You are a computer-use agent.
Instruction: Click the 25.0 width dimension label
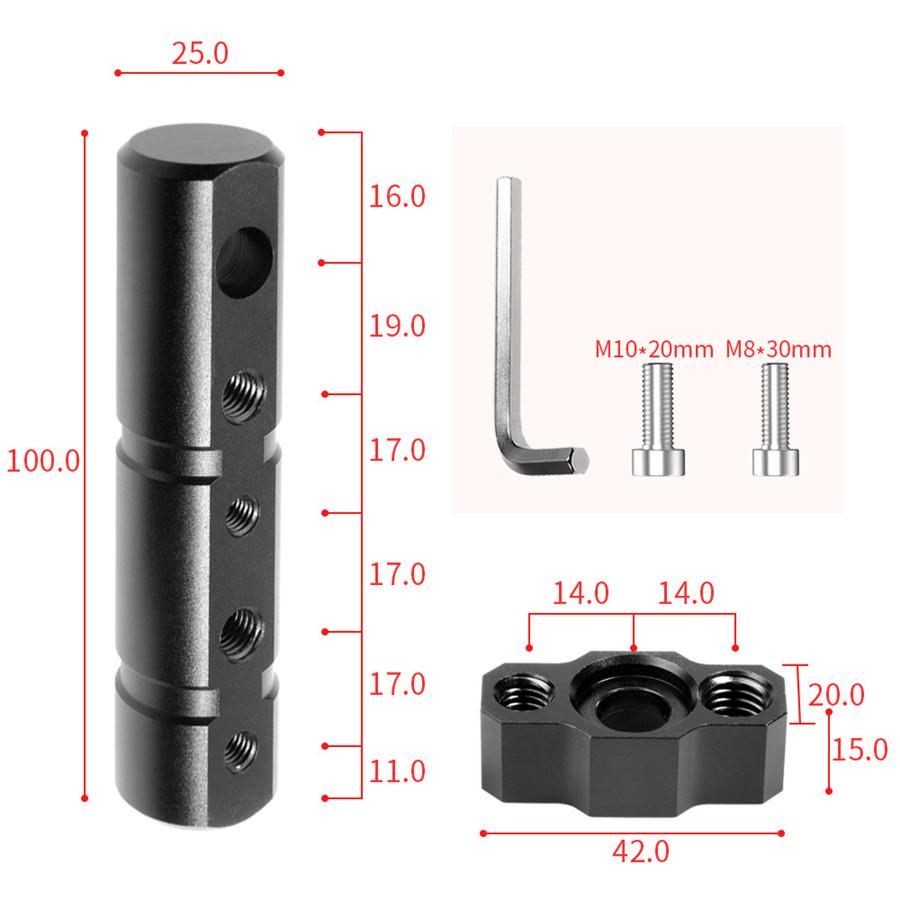click(199, 53)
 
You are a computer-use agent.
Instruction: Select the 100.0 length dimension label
click(42, 462)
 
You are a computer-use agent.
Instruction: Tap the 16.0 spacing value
click(397, 196)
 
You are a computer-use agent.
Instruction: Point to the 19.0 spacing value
click(397, 326)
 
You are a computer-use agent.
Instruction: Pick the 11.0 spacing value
click(397, 771)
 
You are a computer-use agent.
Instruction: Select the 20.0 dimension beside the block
click(836, 694)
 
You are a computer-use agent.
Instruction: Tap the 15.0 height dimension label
click(859, 749)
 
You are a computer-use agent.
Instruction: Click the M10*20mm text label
click(654, 350)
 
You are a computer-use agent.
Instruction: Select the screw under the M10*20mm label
click(659, 420)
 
